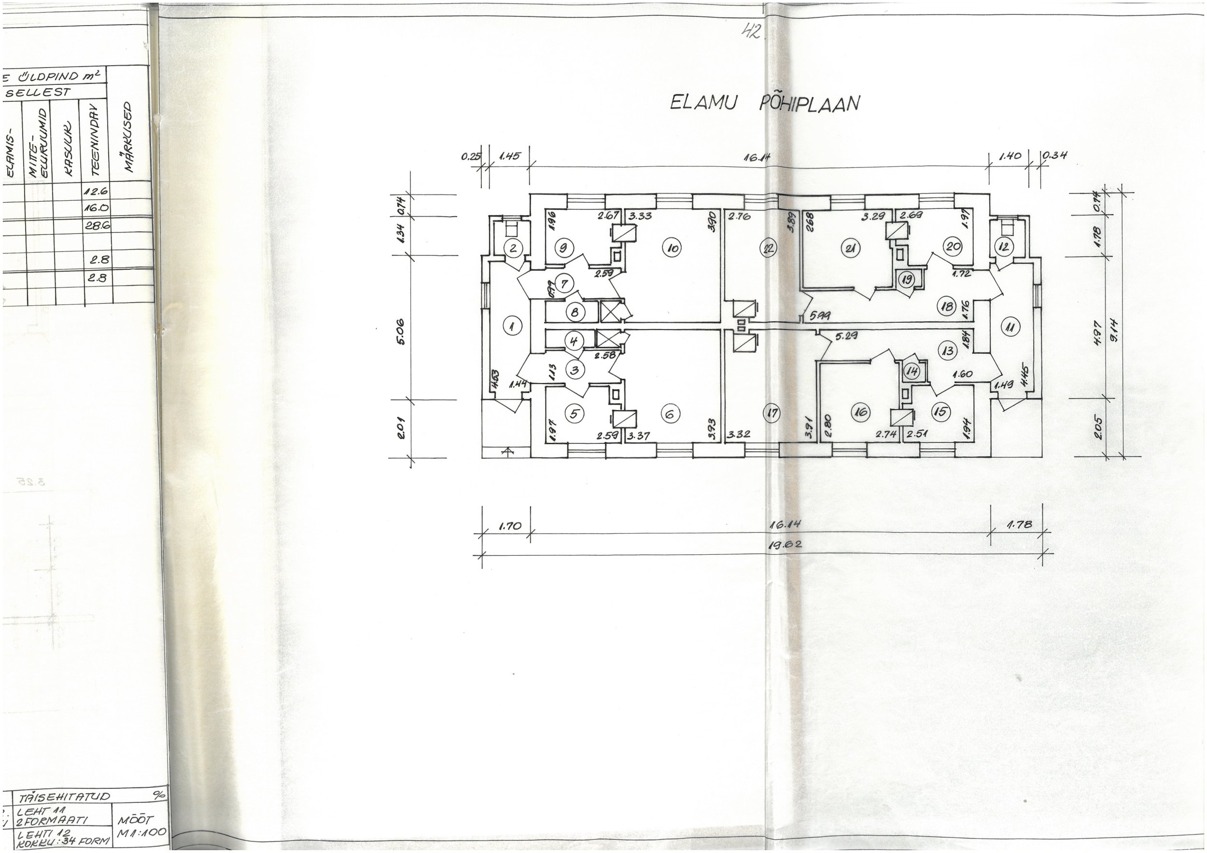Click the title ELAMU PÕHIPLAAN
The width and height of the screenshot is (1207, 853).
point(764,103)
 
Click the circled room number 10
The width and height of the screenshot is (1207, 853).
point(673,248)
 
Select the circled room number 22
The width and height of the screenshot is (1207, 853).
point(769,248)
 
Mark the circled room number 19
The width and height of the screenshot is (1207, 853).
point(906,279)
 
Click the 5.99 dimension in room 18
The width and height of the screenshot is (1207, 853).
point(820,315)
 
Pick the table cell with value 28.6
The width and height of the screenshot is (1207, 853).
point(98,225)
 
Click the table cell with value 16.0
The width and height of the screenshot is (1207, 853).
point(98,207)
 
